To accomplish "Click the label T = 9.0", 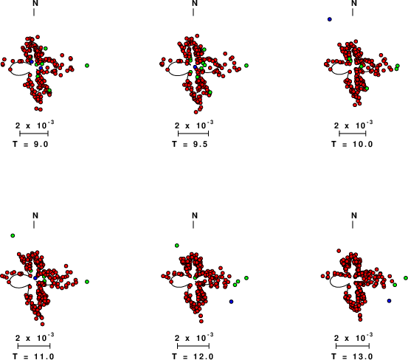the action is [x=31, y=144].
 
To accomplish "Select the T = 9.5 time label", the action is [x=190, y=144].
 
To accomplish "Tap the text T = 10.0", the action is [x=352, y=144].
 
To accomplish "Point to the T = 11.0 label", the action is [x=33, y=356].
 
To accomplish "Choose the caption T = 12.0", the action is [x=193, y=356].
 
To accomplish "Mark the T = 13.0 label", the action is [x=352, y=356].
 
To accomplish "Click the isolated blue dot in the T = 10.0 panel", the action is [x=330, y=19].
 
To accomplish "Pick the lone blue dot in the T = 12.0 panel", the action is [x=231, y=302].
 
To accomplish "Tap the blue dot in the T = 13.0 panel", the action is [x=390, y=301].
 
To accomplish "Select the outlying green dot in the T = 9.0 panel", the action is [x=87, y=66].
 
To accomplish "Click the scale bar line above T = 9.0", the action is [x=34, y=134].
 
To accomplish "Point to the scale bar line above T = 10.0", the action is [x=353, y=134].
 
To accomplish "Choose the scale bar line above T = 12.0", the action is [x=193, y=346].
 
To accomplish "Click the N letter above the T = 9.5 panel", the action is [x=195, y=3].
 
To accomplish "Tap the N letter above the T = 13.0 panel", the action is [x=354, y=215].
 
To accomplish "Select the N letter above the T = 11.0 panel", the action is [x=35, y=215].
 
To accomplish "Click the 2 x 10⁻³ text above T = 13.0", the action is [x=353, y=337].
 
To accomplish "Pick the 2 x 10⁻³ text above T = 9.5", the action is [x=194, y=125].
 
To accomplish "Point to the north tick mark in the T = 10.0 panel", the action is [x=353, y=13].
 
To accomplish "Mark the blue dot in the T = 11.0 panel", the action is [x=35, y=278].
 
